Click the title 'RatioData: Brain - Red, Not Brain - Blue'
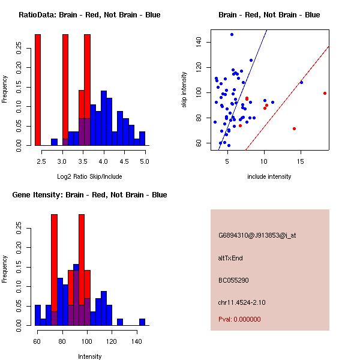coord(89,15)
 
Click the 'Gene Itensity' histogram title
coord(89,195)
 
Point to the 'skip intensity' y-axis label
coord(184,90)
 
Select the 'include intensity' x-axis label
coord(269,176)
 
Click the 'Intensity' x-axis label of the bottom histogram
coord(90,356)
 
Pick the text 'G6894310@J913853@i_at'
coord(257,235)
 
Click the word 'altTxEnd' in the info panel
coord(230,258)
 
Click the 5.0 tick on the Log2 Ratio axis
coord(145,162)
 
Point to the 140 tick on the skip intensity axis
coord(198,42)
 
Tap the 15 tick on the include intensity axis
coord(301,162)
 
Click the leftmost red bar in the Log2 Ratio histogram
coord(38,90)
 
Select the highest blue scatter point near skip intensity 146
coord(232,34)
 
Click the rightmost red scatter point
coord(325,93)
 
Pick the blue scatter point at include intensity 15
coord(301,82)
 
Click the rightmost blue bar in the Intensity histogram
coord(142,322)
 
